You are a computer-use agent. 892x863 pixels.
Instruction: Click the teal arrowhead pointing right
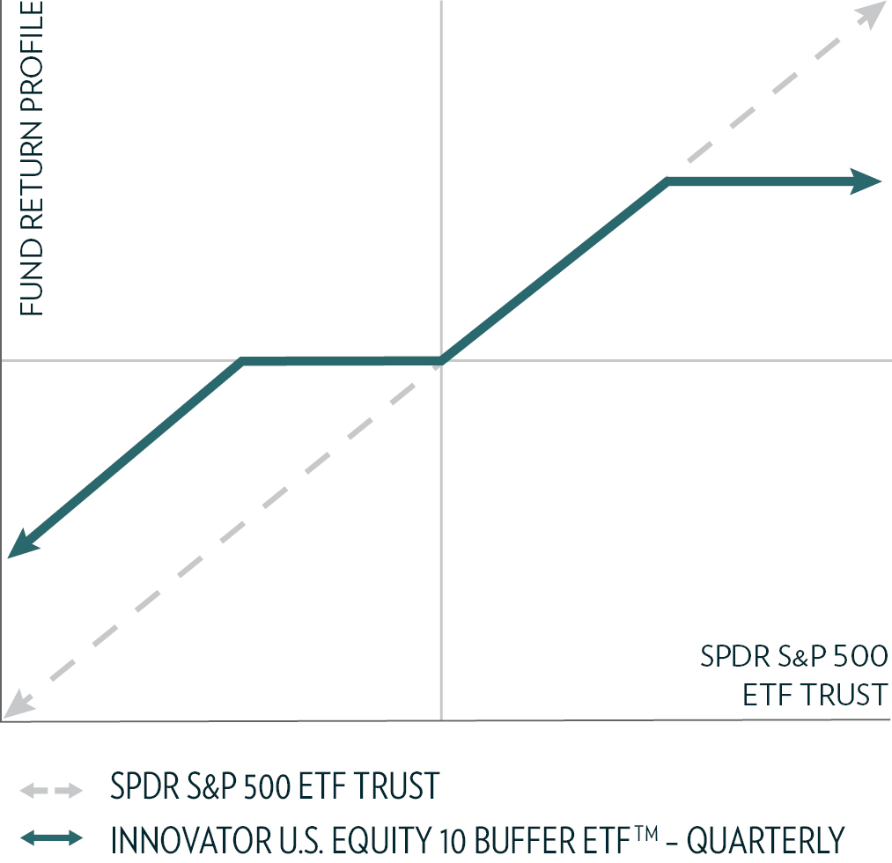point(866,181)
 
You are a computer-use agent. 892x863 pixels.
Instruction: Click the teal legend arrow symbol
point(53,837)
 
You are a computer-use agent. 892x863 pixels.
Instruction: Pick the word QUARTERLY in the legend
point(765,839)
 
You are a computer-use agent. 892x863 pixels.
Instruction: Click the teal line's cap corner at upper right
point(668,182)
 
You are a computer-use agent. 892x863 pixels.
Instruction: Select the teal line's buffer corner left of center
point(242,361)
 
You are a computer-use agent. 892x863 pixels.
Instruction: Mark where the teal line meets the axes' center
point(440,360)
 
